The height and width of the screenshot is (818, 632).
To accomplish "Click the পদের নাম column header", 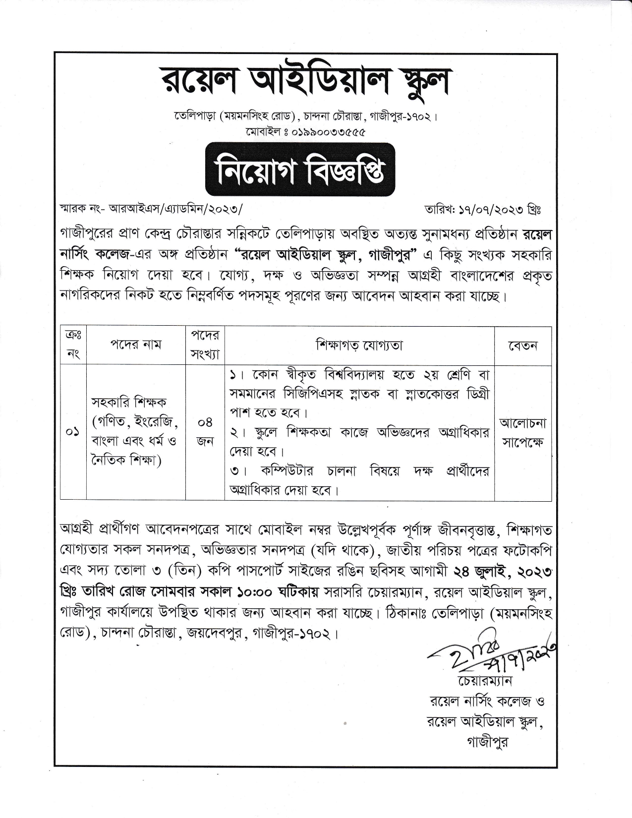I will pyautogui.click(x=135, y=345).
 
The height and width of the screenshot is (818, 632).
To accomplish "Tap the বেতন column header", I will pyautogui.click(x=522, y=346).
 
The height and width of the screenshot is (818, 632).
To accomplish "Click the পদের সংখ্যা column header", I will pyautogui.click(x=205, y=345).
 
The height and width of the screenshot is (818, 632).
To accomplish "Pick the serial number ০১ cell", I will pyautogui.click(x=73, y=432).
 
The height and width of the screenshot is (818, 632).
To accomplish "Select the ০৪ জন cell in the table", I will pyautogui.click(x=205, y=432).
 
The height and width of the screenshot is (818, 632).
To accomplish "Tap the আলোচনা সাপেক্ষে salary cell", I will pyautogui.click(x=522, y=432).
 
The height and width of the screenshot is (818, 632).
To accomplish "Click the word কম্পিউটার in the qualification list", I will pyautogui.click(x=287, y=470).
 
